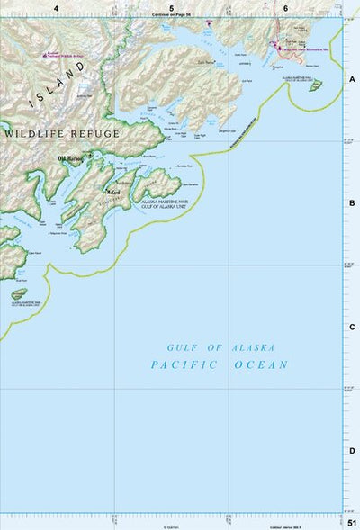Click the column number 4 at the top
[57, 7]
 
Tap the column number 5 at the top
[172, 7]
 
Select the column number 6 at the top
[285, 7]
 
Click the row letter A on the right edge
[352, 78]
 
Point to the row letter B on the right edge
[352, 203]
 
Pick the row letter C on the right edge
[352, 328]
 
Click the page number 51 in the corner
[350, 522]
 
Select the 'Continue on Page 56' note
[172, 15]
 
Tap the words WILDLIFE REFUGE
[61, 134]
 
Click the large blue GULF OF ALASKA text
[221, 347]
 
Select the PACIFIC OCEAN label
[220, 364]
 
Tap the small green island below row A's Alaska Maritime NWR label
[315, 86]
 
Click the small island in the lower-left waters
[19, 293]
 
